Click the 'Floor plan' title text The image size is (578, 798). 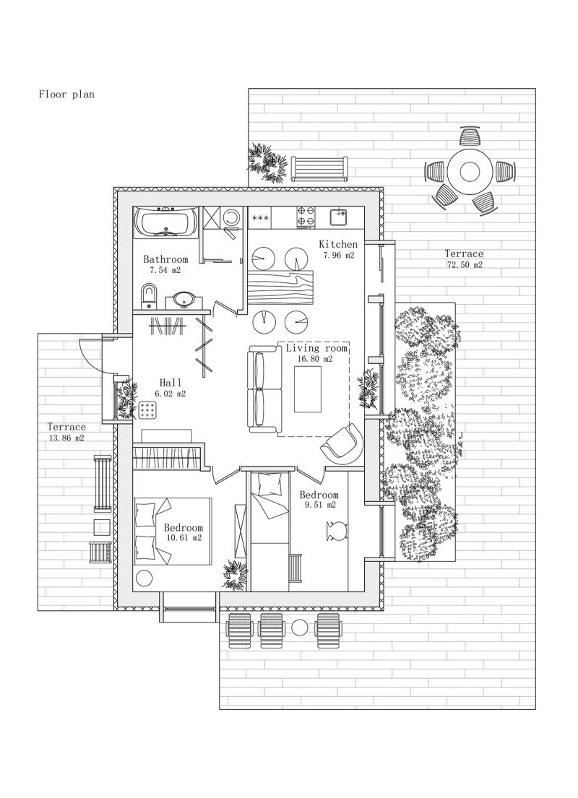click(x=66, y=94)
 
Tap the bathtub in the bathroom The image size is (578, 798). click(x=165, y=222)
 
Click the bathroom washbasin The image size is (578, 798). click(x=183, y=300)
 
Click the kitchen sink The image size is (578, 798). click(x=338, y=217)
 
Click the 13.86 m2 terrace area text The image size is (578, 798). click(x=66, y=438)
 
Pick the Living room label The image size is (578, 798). click(x=316, y=348)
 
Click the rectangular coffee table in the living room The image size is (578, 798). click(x=308, y=389)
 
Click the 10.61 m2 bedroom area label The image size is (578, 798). click(x=184, y=537)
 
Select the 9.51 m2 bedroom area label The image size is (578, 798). click(x=320, y=505)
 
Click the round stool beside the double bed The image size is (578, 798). click(x=144, y=578)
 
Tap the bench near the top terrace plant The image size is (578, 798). click(x=320, y=168)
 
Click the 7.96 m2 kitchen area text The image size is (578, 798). click(x=339, y=256)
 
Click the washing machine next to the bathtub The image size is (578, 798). click(x=233, y=218)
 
